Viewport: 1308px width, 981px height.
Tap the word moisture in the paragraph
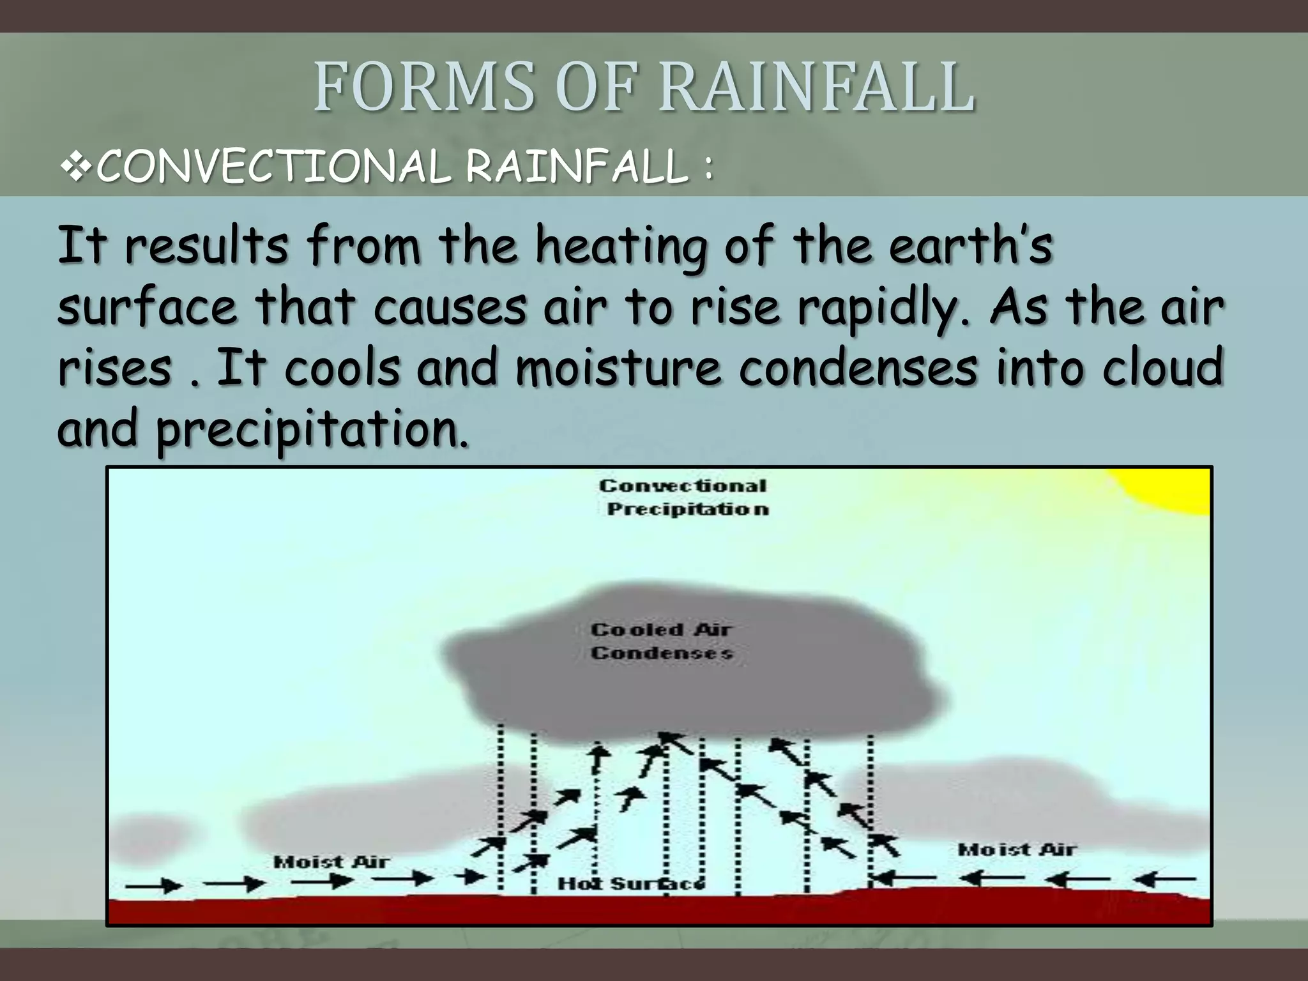[617, 368]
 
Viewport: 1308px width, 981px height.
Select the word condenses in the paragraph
[858, 368]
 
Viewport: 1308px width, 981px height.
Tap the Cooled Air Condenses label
[660, 641]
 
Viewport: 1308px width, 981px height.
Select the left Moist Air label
[331, 862]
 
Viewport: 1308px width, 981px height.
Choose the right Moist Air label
[1017, 850]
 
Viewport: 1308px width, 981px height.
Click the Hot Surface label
[631, 884]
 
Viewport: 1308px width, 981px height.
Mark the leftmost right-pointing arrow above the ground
[153, 885]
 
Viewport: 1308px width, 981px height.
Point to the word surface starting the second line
[147, 308]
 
